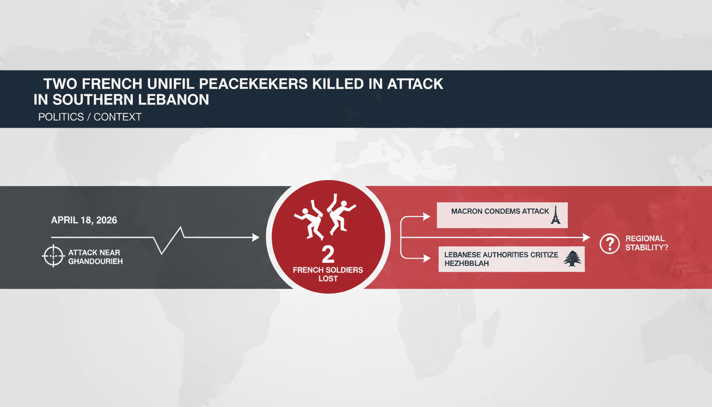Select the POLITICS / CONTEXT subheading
pos(90,117)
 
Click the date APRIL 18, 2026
pos(84,220)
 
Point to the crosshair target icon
pos(52,256)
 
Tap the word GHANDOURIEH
pos(95,261)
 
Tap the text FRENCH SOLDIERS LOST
pos(328,275)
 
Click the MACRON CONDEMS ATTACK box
pos(502,215)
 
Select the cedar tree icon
pos(572,259)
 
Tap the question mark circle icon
pos(609,244)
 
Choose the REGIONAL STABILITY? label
pos(645,243)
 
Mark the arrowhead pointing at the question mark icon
pos(586,237)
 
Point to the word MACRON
pos(467,211)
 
